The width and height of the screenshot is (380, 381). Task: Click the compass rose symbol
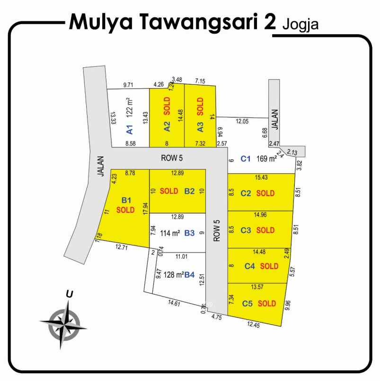(x=63, y=325)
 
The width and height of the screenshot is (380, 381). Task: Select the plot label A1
(x=130, y=128)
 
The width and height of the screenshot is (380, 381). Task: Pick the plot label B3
(x=190, y=233)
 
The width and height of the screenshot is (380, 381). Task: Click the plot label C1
(x=245, y=159)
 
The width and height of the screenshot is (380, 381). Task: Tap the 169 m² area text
(x=266, y=159)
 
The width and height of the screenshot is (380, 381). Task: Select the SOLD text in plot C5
(x=267, y=303)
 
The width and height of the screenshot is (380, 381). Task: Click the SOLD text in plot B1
(x=125, y=209)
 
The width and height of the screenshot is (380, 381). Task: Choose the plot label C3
(x=246, y=230)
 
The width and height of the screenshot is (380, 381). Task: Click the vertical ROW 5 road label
(x=217, y=231)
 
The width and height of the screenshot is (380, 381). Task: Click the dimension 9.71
(x=128, y=85)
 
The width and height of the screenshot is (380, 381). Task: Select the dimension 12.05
(x=241, y=122)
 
